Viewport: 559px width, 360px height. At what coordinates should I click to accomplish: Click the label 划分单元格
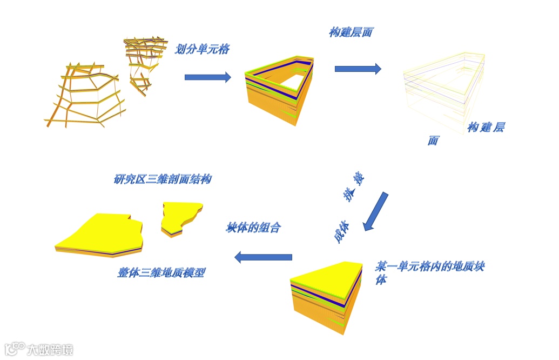[203, 49]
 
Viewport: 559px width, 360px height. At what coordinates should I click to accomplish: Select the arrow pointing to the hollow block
[207, 77]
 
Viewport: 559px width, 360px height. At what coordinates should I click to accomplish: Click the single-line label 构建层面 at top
[351, 32]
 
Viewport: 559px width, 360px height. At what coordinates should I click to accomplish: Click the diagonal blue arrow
[376, 211]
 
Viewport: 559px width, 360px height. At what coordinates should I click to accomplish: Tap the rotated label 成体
[341, 232]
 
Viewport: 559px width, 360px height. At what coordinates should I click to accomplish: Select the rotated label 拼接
[354, 186]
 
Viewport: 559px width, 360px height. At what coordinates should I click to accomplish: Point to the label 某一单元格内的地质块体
[429, 272]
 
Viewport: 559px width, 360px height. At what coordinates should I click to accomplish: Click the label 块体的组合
[253, 228]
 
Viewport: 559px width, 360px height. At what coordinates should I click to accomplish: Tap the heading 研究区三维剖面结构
[162, 179]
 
